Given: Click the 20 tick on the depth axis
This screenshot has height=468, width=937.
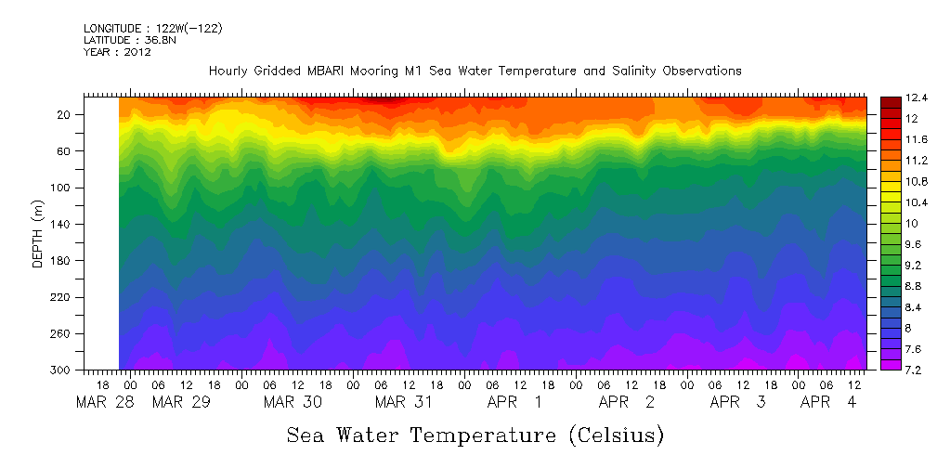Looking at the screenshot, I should point(65,114).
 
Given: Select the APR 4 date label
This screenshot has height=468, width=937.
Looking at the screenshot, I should point(829,402).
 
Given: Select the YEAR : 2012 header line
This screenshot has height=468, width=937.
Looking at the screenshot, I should point(117,52).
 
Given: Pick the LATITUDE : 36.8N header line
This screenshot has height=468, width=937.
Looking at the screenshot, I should point(129,41).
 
